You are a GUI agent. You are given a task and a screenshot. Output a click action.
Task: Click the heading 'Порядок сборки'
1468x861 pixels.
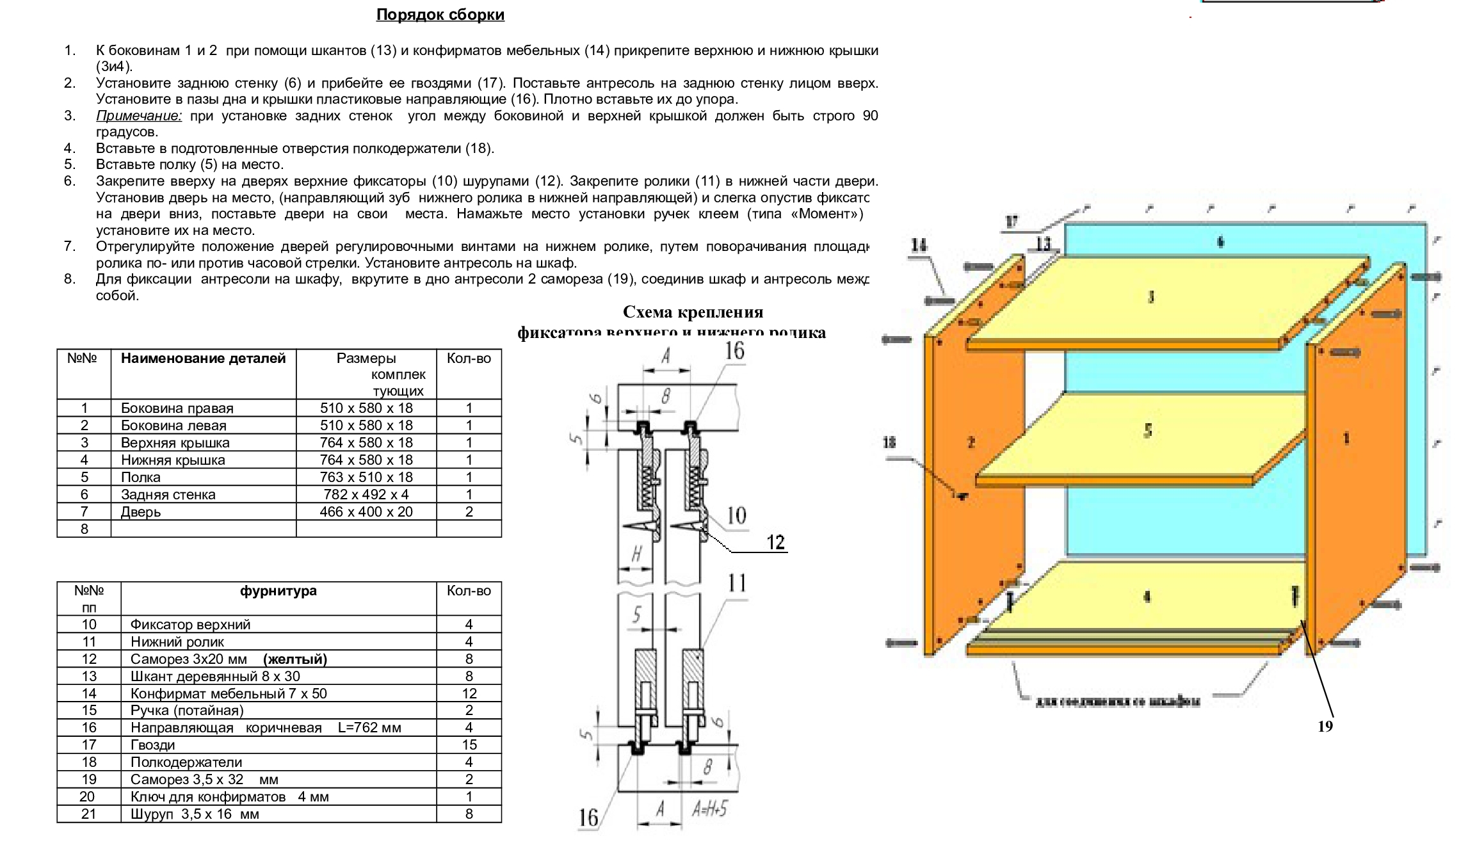coord(440,15)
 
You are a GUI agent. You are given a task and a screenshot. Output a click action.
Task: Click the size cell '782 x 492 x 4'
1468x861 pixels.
coord(366,494)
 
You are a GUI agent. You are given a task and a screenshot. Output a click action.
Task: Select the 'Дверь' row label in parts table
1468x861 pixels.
coord(141,511)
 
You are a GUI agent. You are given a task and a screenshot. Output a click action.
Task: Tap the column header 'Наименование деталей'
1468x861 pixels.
coord(203,358)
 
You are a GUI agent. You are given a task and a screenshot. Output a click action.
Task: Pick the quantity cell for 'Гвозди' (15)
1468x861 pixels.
coord(469,744)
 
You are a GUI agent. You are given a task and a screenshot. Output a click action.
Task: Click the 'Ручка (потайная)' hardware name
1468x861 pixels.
coord(187,710)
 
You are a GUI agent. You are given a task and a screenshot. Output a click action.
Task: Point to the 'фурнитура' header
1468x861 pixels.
coord(278,590)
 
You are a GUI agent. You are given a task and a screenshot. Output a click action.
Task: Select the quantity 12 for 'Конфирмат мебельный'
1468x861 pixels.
coord(469,693)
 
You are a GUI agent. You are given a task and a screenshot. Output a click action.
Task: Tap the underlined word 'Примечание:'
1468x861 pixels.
coord(139,116)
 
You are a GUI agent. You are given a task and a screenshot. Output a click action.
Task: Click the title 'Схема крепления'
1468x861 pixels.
coord(693,312)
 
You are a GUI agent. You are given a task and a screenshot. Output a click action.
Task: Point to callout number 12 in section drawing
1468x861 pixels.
coord(775,542)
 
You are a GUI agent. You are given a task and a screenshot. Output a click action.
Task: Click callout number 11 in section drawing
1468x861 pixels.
coord(737,583)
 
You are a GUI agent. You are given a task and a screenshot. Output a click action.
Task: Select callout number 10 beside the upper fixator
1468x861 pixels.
coord(736,515)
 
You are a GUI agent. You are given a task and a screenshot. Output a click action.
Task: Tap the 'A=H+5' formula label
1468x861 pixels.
coord(709,810)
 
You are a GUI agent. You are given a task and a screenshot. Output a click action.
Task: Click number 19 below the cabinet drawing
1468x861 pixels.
coord(1325,726)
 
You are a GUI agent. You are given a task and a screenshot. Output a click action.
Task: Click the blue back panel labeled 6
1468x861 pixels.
coord(1220,242)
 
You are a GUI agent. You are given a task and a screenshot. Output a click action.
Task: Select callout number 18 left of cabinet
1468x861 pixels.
coord(889,442)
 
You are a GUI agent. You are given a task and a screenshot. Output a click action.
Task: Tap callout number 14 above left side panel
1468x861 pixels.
coord(919,245)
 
